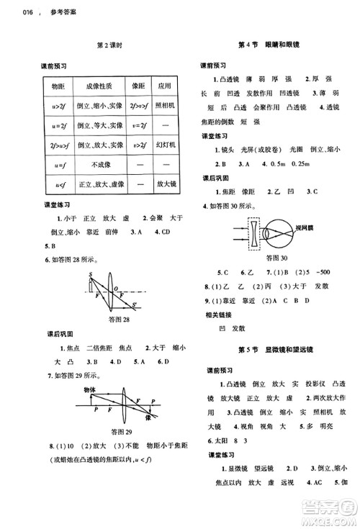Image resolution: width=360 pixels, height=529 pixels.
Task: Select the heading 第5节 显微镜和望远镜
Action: (274, 350)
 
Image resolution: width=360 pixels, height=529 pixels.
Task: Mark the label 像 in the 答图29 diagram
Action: (148, 417)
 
